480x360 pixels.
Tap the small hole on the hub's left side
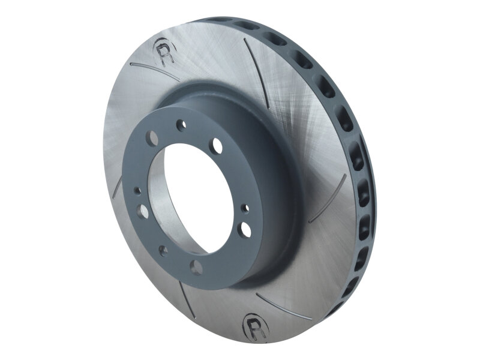[x=138, y=191]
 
